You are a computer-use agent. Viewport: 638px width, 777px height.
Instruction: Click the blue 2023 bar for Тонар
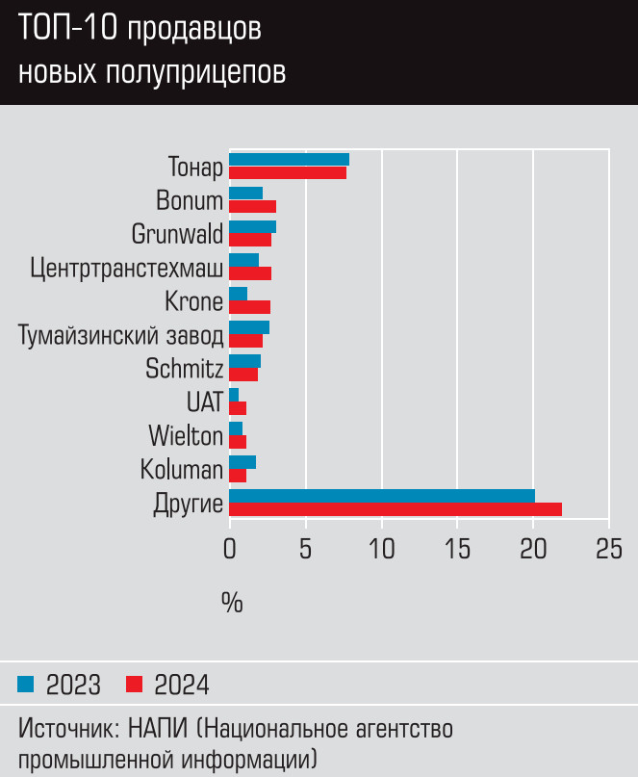pyautogui.click(x=289, y=160)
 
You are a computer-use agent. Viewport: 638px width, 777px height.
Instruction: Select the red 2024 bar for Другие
pyautogui.click(x=395, y=509)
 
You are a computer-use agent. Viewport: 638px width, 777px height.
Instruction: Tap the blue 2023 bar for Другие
pyautogui.click(x=381, y=496)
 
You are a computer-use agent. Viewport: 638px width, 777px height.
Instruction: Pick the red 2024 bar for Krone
pyautogui.click(x=249, y=307)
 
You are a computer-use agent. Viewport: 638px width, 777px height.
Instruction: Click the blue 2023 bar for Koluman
pyautogui.click(x=242, y=462)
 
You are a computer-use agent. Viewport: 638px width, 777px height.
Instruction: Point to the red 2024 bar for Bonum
pyautogui.click(x=252, y=206)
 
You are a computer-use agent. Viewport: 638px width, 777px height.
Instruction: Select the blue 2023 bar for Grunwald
pyautogui.click(x=252, y=227)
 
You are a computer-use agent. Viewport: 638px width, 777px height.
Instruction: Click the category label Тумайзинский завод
pyautogui.click(x=120, y=335)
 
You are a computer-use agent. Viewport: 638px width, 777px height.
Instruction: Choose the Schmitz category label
pyautogui.click(x=185, y=369)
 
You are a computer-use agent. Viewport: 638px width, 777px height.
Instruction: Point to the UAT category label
pyautogui.click(x=205, y=401)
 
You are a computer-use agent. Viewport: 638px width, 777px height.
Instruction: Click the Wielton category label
pyautogui.click(x=186, y=435)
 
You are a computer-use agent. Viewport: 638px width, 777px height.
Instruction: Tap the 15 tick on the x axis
pyautogui.click(x=457, y=548)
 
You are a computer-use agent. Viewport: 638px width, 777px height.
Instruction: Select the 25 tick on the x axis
pyautogui.click(x=608, y=548)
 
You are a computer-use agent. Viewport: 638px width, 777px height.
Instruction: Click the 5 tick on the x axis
pyautogui.click(x=306, y=548)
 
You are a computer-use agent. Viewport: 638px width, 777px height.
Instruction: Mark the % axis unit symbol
pyautogui.click(x=232, y=604)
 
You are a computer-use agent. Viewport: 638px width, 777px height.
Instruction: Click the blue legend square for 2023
pyautogui.click(x=26, y=685)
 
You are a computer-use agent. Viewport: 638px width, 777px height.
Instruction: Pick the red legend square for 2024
pyautogui.click(x=135, y=685)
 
